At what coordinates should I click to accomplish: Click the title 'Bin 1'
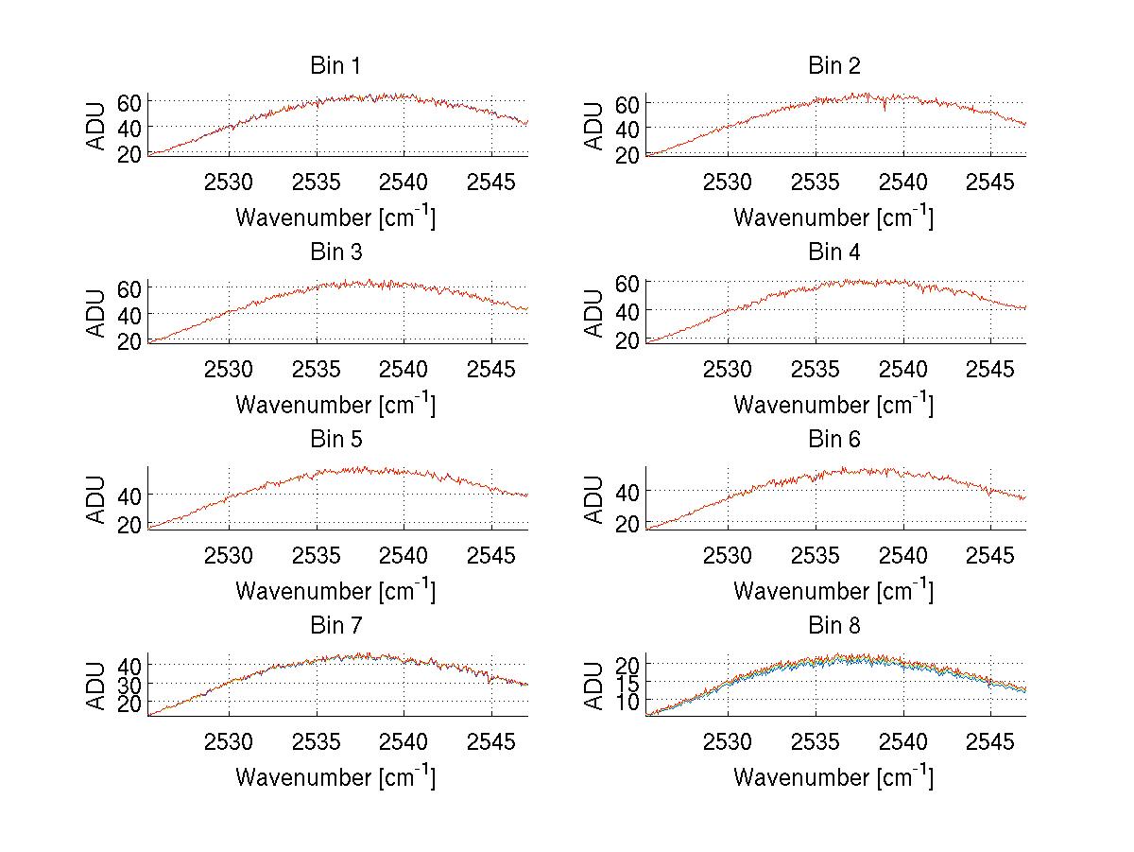pos(335,66)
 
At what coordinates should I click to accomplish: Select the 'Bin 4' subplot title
pos(833,252)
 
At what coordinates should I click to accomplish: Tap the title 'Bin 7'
pos(335,626)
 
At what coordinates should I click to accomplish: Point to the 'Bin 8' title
pos(833,626)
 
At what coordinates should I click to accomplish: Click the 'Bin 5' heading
pos(335,440)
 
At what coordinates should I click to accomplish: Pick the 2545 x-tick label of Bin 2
pos(990,182)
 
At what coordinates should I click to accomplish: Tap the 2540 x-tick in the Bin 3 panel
pos(404,369)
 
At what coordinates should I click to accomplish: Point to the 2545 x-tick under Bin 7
pos(492,741)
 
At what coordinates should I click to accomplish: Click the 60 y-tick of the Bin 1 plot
pos(129,103)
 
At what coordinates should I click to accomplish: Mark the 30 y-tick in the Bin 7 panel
pos(129,683)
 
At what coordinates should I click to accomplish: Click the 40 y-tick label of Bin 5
pos(129,495)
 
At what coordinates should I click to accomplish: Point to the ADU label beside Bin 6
pos(594,498)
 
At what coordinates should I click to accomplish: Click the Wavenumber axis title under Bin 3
pos(335,404)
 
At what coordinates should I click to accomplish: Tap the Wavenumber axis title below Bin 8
pos(833,776)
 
